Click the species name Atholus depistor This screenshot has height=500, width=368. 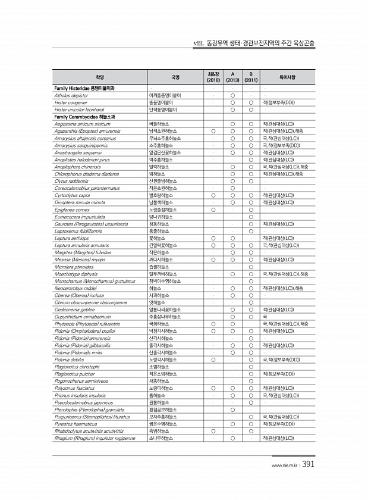click(68, 95)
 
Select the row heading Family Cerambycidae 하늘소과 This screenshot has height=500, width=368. click(89, 117)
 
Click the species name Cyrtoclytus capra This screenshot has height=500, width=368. click(72, 195)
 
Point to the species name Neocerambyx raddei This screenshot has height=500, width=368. click(75, 288)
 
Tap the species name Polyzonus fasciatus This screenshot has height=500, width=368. click(74, 388)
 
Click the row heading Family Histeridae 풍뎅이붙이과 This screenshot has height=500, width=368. click(89, 88)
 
